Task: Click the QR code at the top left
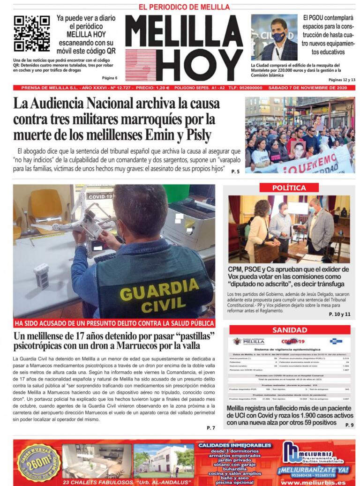click(x=31, y=33)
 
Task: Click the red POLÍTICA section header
click(x=289, y=187)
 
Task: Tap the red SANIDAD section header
click(x=289, y=330)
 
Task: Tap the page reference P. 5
click(x=235, y=172)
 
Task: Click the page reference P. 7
click(x=210, y=428)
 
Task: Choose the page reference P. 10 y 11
click(x=339, y=314)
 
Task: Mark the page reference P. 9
click(x=349, y=425)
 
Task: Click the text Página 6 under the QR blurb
click(x=109, y=78)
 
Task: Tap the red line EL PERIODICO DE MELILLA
click(x=184, y=7)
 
